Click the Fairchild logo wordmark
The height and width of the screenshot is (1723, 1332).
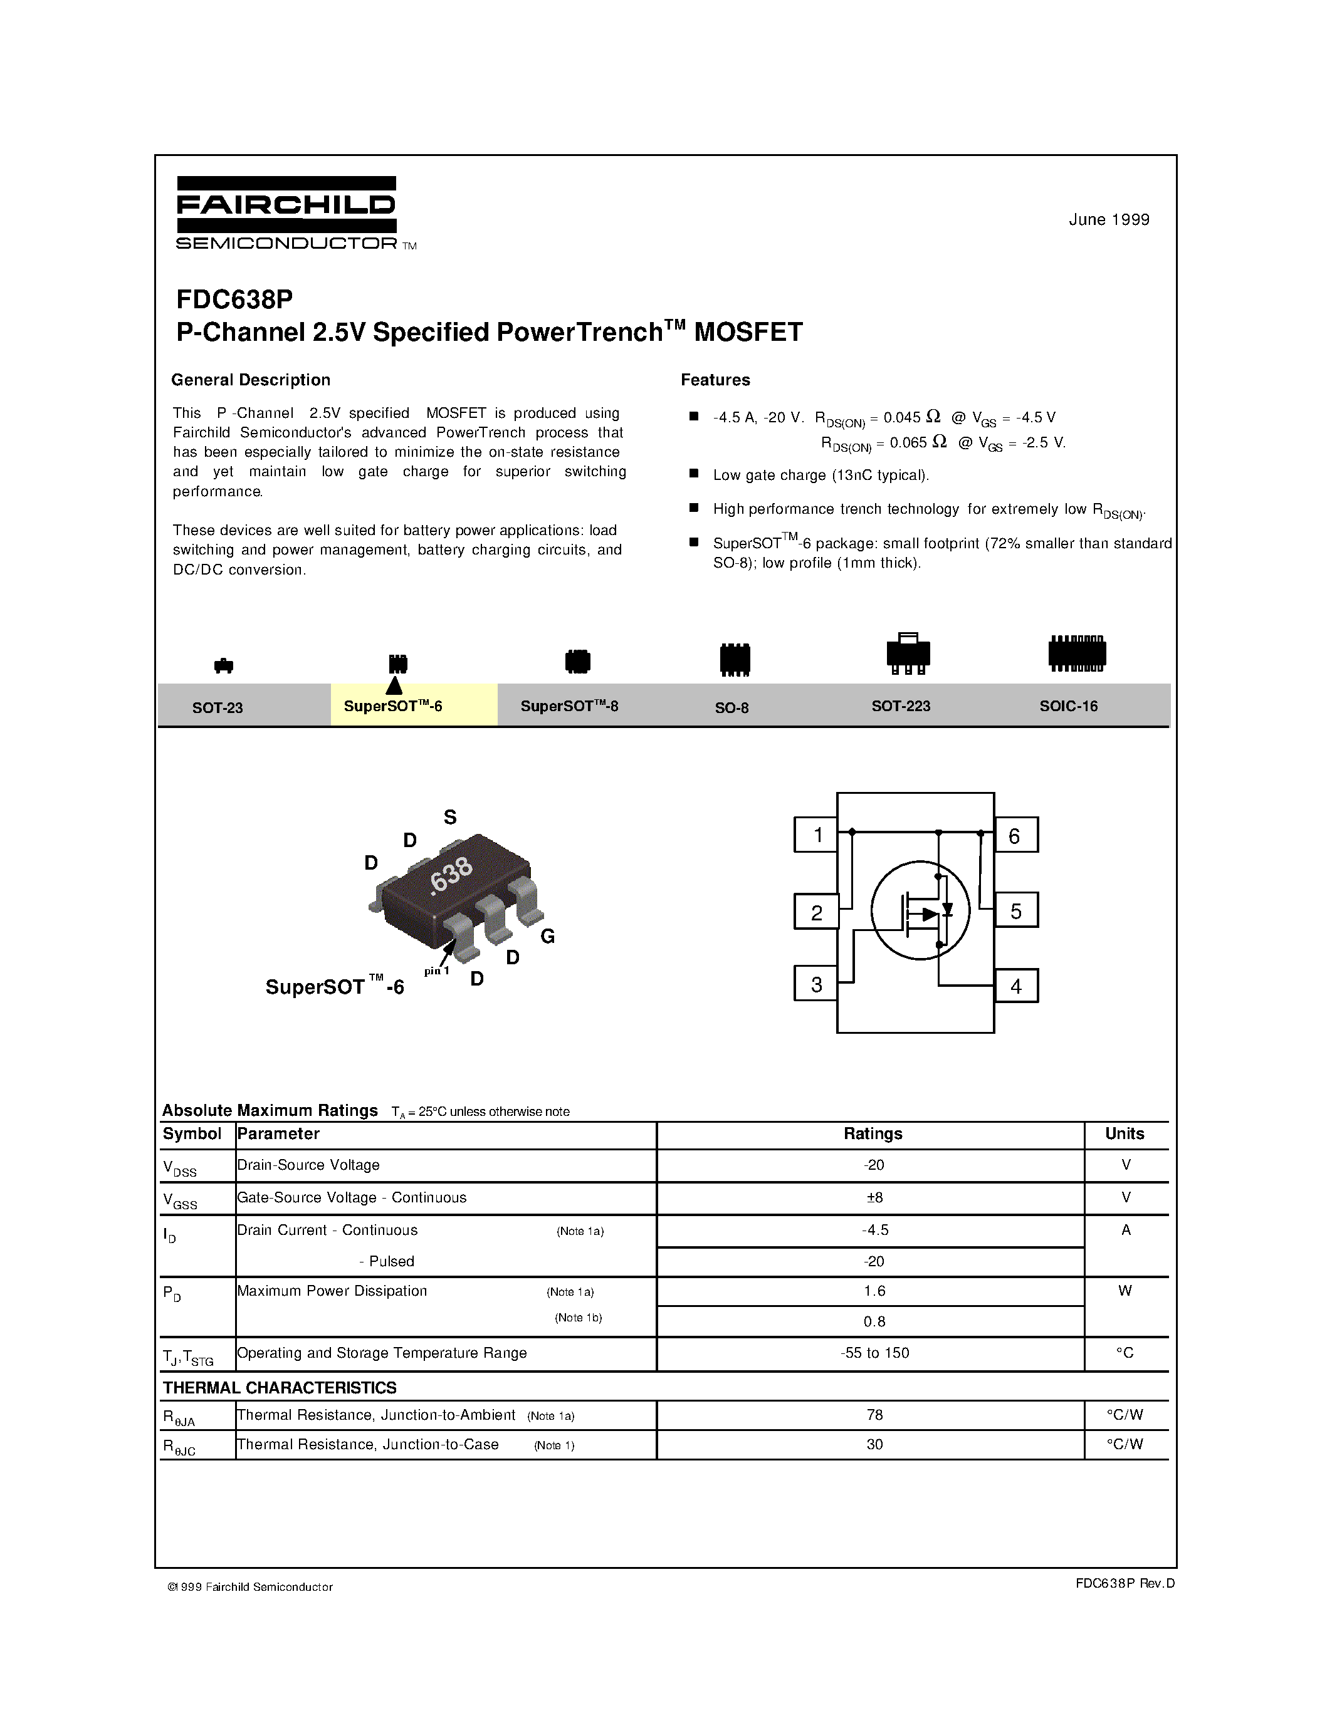click(286, 207)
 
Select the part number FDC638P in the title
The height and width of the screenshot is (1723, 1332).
click(234, 299)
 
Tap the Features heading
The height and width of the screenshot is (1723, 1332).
click(715, 380)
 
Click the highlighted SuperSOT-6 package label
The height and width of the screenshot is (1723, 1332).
click(393, 706)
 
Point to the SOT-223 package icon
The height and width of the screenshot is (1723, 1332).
click(908, 653)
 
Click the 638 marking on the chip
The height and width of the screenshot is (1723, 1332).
click(451, 876)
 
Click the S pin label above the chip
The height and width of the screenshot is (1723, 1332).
click(450, 817)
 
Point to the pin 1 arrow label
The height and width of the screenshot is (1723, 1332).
click(436, 971)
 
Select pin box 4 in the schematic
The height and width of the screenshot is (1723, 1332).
click(1015, 986)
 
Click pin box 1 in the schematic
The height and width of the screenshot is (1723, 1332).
click(817, 835)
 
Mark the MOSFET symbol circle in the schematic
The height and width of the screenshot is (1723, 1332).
click(920, 910)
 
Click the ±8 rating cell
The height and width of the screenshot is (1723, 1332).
click(874, 1197)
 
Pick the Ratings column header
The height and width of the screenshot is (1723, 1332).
click(872, 1133)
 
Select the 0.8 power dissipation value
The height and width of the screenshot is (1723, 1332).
click(874, 1321)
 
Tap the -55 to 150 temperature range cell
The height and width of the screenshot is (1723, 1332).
click(874, 1353)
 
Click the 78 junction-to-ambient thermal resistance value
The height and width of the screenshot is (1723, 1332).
click(874, 1415)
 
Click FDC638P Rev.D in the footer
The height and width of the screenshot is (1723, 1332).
click(1125, 1583)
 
